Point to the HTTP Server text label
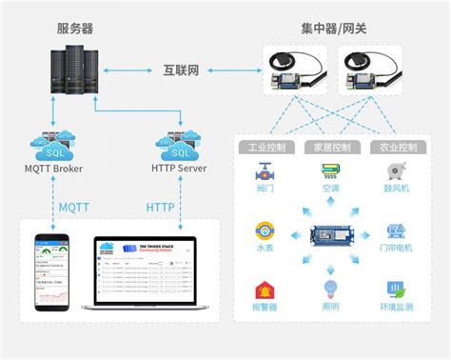[x=178, y=170]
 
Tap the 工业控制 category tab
[x=268, y=149]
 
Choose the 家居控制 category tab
[x=332, y=149]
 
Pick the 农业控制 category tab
[x=395, y=149]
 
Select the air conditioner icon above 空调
[x=331, y=171]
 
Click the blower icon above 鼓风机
[x=395, y=172]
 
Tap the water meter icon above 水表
[x=267, y=231]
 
